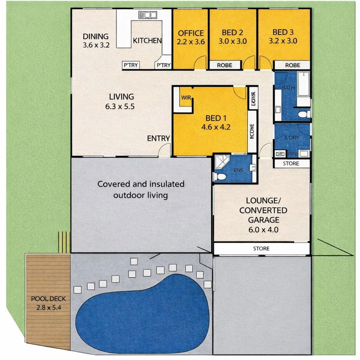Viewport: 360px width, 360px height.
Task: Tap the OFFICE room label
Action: click(x=191, y=33)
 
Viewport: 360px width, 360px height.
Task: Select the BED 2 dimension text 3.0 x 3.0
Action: click(x=233, y=42)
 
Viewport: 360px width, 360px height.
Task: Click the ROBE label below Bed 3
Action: click(x=292, y=65)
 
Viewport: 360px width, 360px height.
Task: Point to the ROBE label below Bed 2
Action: click(x=224, y=65)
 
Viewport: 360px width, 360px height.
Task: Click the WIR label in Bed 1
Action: click(x=185, y=98)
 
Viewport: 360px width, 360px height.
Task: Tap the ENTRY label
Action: click(x=159, y=139)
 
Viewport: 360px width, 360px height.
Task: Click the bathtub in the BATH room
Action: click(x=303, y=84)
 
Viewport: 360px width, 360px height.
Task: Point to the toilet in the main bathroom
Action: click(x=304, y=115)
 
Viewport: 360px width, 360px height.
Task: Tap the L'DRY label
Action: click(x=291, y=138)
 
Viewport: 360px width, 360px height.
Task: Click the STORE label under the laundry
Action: click(x=291, y=164)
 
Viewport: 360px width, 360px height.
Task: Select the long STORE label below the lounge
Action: click(x=261, y=249)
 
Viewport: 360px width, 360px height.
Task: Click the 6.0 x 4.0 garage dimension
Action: click(x=263, y=230)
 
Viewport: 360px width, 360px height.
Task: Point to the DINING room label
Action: click(x=96, y=36)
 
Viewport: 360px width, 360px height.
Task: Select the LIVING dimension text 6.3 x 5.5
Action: click(x=121, y=107)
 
